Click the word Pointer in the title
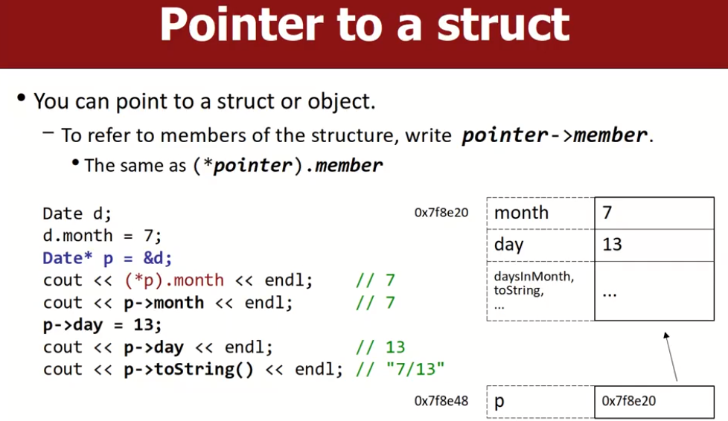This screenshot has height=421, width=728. click(x=241, y=25)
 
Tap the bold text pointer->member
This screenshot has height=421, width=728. click(x=555, y=135)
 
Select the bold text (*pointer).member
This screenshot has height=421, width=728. click(x=288, y=165)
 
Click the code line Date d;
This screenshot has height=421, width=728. click(x=77, y=213)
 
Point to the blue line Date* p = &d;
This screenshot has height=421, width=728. click(x=107, y=258)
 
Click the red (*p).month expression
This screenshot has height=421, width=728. click(x=174, y=280)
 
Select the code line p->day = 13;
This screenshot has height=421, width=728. click(x=102, y=325)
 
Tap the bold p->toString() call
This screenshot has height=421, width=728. click(x=188, y=370)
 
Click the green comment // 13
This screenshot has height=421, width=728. click(x=380, y=347)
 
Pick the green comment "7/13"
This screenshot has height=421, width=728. click(x=415, y=370)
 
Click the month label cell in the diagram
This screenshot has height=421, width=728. click(x=540, y=213)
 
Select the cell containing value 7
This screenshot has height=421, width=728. click(x=654, y=213)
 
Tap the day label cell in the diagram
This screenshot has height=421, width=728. click(x=540, y=245)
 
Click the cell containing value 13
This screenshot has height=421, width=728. click(x=654, y=245)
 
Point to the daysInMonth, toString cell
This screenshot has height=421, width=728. click(x=540, y=291)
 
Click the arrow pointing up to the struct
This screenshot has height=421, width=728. click(x=671, y=356)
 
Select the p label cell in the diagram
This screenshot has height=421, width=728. click(x=540, y=402)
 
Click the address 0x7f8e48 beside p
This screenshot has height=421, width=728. click(x=441, y=401)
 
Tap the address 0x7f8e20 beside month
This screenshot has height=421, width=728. click(x=441, y=213)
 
